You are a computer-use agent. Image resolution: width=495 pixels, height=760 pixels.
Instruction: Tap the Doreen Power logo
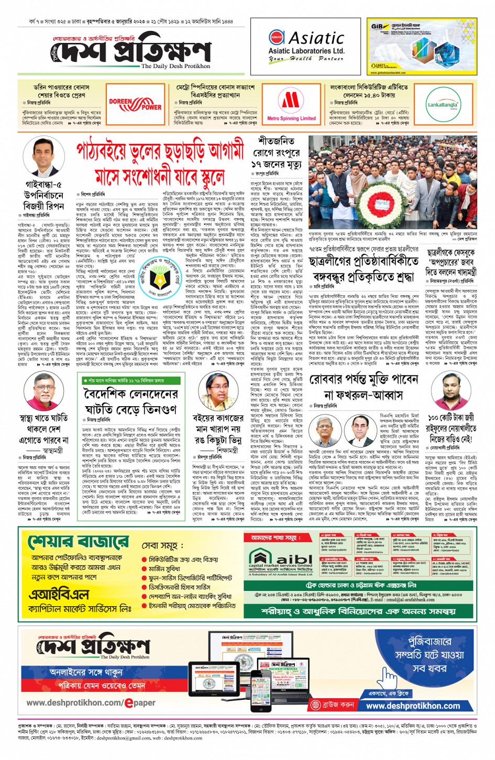coord(135,104)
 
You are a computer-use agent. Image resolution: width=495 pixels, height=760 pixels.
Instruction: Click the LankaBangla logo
coord(443,104)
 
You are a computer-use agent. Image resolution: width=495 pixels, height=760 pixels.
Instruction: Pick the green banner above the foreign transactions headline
coord(138,381)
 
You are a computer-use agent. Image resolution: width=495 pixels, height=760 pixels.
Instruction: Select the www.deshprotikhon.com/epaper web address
coord(91,702)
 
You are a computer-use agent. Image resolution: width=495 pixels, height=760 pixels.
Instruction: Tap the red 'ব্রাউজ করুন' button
coord(333,705)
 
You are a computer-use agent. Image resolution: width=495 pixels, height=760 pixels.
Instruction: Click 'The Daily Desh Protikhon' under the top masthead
coord(175,66)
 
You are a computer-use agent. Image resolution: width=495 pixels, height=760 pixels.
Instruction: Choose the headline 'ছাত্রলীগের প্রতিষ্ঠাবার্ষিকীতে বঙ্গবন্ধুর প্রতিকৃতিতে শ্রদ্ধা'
coord(364,267)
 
